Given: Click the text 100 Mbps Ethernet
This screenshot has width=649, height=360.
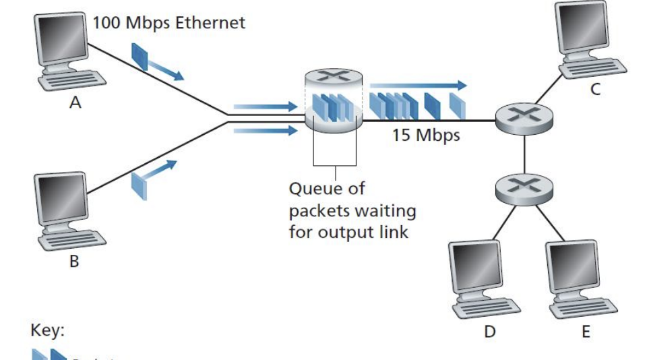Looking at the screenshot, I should click(168, 23).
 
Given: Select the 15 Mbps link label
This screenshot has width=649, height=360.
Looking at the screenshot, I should click(426, 135).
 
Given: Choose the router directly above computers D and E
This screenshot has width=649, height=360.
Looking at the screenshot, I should click(524, 191).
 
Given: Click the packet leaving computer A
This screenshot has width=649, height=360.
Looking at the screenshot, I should click(140, 57).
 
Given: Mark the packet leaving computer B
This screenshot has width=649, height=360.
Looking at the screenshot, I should click(138, 183).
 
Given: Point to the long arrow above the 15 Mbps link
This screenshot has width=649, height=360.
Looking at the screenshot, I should click(418, 86).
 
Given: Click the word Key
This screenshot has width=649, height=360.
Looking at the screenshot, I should click(47, 331).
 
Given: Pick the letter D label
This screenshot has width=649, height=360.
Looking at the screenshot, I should click(489, 332).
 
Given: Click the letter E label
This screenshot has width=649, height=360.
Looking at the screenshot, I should click(585, 332).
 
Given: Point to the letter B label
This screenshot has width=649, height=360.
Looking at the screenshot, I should click(74, 262).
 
